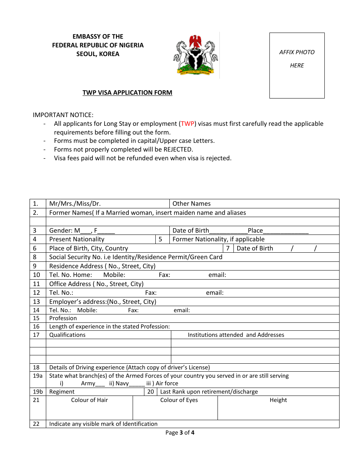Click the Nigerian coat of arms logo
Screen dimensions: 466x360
tap(196, 55)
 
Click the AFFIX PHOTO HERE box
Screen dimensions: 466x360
tap(297, 65)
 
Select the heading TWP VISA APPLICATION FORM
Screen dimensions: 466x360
tap(127, 92)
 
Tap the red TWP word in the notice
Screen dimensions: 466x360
tap(188, 124)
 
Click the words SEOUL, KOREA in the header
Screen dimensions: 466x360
tap(98, 54)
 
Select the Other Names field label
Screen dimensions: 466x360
tap(191, 203)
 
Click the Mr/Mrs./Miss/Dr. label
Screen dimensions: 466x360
tap(75, 203)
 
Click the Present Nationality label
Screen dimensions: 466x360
tap(77, 239)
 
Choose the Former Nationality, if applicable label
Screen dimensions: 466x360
tap(218, 239)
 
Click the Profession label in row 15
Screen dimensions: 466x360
tap(63, 318)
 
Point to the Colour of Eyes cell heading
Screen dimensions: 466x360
tap(179, 400)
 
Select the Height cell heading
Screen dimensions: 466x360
tap(278, 400)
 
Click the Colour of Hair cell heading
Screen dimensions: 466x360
tap(89, 400)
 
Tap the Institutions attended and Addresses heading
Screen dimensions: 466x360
tap(236, 335)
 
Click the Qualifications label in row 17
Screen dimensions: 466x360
tap(67, 335)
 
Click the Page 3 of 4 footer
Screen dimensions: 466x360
tap(180, 433)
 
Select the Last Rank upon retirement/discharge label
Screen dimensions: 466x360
tap(209, 392)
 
